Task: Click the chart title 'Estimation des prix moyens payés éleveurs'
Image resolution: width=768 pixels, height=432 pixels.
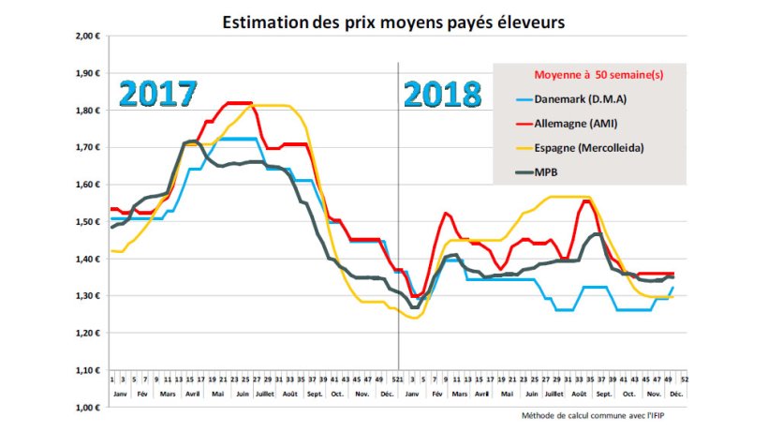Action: coord(393,21)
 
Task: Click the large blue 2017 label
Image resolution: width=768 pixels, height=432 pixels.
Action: coord(158,95)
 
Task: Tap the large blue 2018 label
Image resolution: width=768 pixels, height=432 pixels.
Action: coord(443,95)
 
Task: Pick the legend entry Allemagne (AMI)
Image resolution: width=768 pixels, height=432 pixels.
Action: coord(575,124)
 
